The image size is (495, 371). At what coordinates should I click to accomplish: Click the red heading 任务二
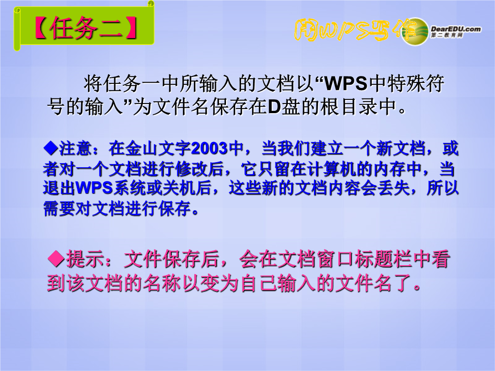coord(86,28)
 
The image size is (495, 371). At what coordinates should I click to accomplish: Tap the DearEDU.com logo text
coord(456,29)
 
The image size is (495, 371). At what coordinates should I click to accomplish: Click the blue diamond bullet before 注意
coord(51,148)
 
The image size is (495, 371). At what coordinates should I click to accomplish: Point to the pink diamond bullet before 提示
coord(56,259)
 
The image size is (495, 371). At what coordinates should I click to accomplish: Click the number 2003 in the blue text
coord(209,148)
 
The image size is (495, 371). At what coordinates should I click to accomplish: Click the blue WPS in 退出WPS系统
coord(94,188)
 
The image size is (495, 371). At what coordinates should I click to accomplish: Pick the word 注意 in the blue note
coord(75,148)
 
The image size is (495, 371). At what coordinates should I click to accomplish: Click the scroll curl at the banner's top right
coord(151,4)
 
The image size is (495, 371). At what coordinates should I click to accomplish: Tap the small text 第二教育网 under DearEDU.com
coord(447,35)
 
